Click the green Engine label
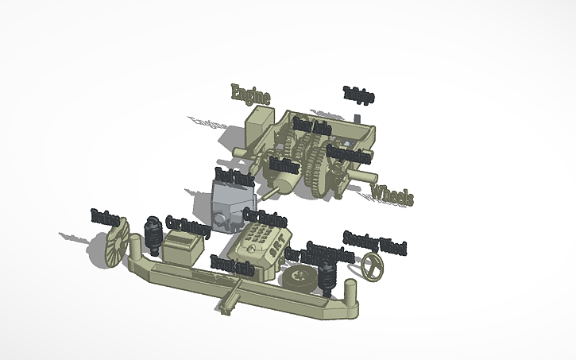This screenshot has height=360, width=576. (250, 94)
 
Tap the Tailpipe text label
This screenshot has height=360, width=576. (358, 95)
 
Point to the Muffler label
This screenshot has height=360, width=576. (284, 165)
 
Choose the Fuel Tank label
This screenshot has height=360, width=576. (234, 176)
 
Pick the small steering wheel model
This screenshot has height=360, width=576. (370, 269)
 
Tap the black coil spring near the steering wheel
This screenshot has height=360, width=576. (327, 275)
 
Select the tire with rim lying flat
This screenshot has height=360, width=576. (300, 277)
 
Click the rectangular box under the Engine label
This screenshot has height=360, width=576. (259, 126)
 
